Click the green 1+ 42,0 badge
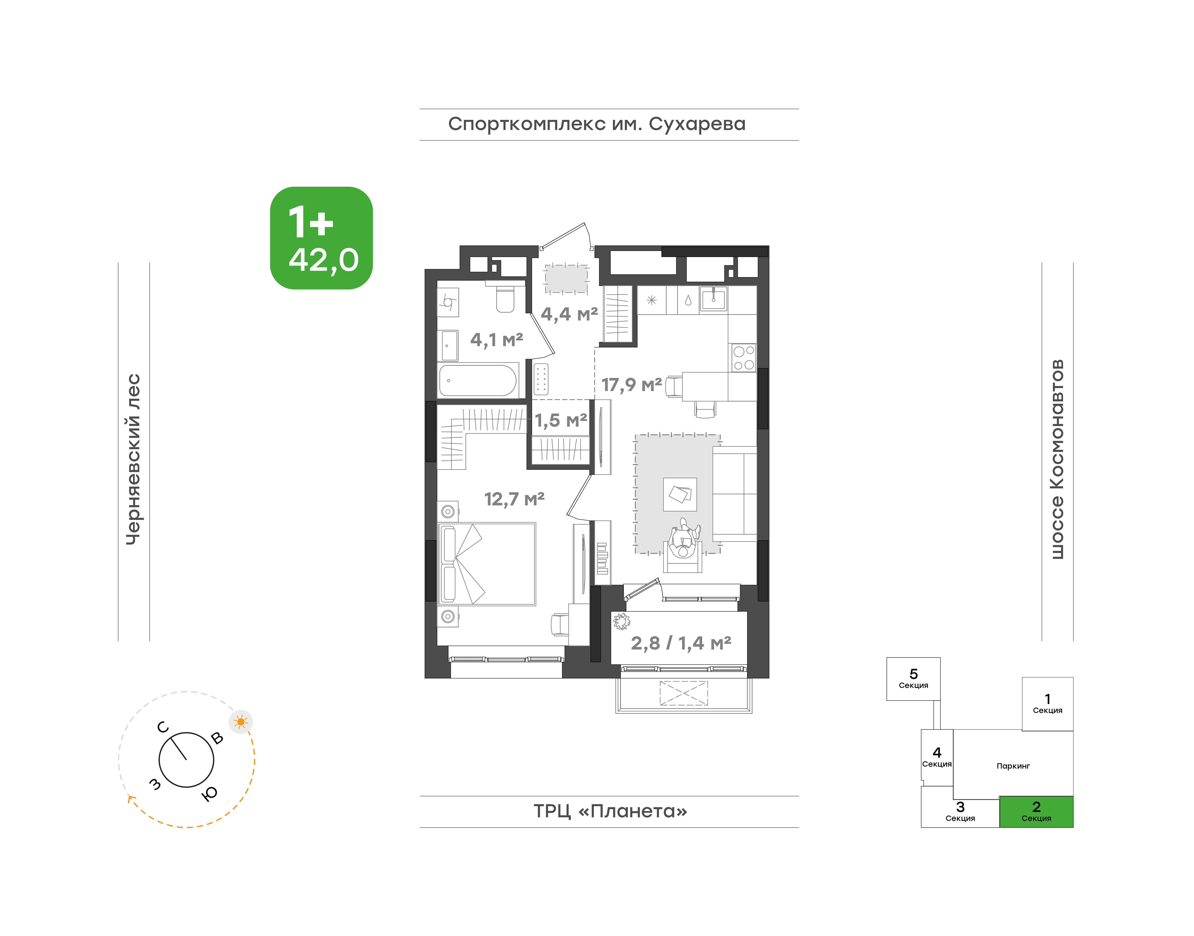(x=321, y=238)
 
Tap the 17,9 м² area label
(x=631, y=385)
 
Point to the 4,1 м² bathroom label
(x=496, y=340)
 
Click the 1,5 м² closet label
(x=561, y=420)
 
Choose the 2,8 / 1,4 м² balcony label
(x=681, y=643)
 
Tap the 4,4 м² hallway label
(x=569, y=314)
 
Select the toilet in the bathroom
(x=505, y=298)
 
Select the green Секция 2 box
(x=1036, y=812)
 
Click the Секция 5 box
(x=913, y=679)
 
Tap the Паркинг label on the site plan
(x=1013, y=766)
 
